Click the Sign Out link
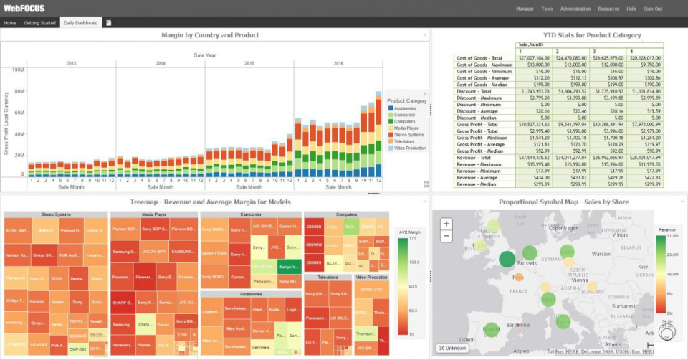click(x=653, y=9)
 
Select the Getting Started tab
click(x=40, y=23)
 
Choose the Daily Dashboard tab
click(x=81, y=23)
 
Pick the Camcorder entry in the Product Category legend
click(x=406, y=115)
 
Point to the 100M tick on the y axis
click(x=19, y=70)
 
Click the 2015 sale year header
click(x=249, y=63)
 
